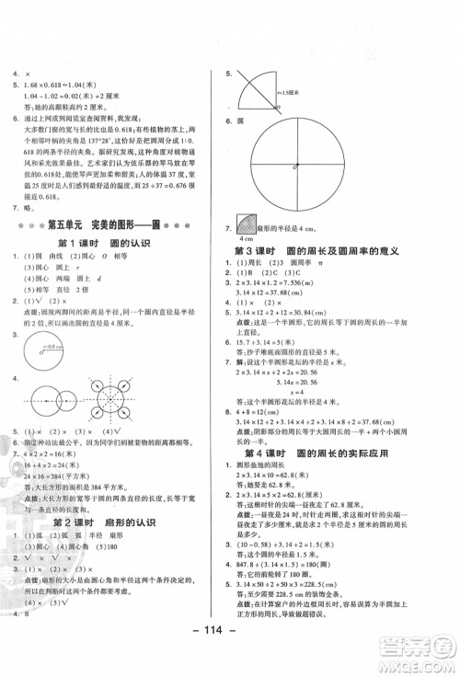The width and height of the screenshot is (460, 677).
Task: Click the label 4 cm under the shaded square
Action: (247, 288)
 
